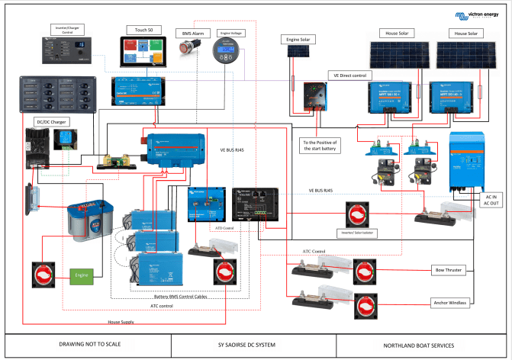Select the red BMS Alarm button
[x=187, y=50]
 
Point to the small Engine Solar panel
[x=298, y=53]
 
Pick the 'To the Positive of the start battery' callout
[x=319, y=145]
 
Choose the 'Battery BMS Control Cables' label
[x=188, y=297]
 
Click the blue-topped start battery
[x=89, y=220]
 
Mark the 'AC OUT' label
[x=491, y=204]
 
